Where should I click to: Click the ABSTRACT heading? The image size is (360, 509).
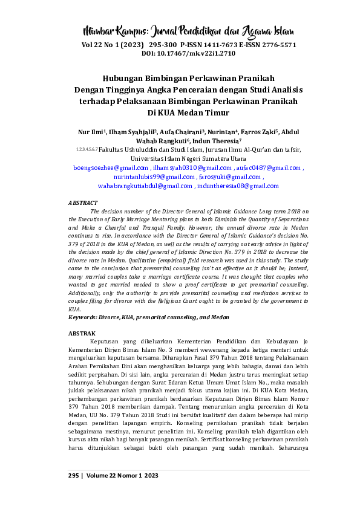(x=82, y=203)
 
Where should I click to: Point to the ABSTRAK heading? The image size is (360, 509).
(x=81, y=332)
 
